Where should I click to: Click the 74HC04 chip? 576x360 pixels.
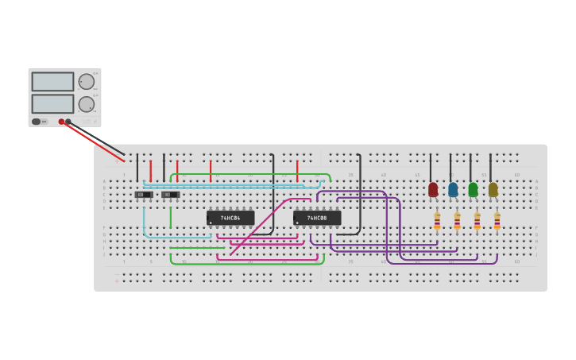pos(230,218)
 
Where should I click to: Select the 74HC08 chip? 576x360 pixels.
pos(317,218)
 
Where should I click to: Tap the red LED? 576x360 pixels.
pos(433,189)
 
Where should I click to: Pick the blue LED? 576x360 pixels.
pos(453,189)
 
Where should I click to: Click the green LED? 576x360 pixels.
pos(473,189)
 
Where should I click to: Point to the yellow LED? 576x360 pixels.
pos(493,189)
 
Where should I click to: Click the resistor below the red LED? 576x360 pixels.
pos(437,220)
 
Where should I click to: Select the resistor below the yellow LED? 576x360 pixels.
pos(497,220)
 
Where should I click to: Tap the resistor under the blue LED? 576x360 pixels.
pos(457,220)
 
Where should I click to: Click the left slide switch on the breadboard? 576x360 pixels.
pos(144,195)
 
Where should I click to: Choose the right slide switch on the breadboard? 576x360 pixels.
pos(170,195)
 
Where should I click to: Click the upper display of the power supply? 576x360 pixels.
pos(52,82)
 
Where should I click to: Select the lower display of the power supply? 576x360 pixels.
pos(52,103)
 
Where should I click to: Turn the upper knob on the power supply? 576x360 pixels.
pos(86,82)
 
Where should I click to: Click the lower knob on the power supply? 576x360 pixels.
pos(86,104)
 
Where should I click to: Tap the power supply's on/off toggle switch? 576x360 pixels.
pos(37,122)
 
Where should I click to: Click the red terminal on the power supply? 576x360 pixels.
pos(61,122)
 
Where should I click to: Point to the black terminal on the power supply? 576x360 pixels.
pos(68,122)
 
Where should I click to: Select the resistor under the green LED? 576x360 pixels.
pos(477,220)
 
